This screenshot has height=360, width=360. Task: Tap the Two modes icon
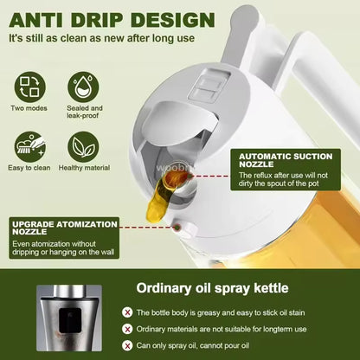point(29,87)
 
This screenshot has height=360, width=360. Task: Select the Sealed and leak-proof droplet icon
point(84,87)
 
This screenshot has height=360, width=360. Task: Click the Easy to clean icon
point(29,146)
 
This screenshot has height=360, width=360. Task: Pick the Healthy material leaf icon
point(84,146)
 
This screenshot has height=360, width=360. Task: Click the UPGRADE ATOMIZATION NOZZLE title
point(64,228)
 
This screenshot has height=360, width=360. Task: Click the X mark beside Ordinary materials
point(127,330)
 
